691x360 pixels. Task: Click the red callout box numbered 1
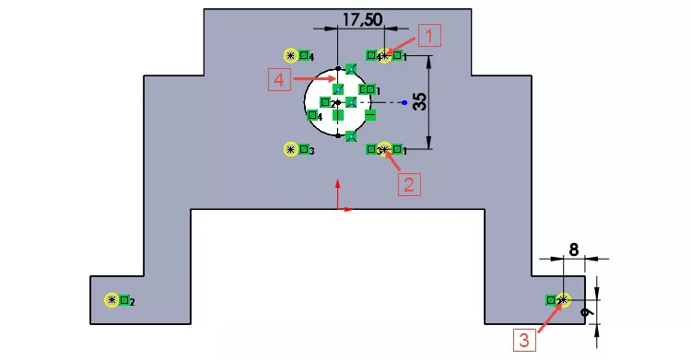tap(430, 35)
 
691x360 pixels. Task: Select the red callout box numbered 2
tap(409, 184)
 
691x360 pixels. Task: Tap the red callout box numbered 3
tap(523, 339)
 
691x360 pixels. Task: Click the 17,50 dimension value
tap(362, 17)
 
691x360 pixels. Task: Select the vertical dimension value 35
tap(420, 100)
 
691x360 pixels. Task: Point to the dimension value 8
tap(574, 249)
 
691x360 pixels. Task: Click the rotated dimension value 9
tap(583, 314)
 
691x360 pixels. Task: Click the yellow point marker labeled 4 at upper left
tap(292, 55)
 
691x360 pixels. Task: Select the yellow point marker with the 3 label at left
tap(292, 148)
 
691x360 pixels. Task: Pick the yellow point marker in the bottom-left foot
tap(112, 300)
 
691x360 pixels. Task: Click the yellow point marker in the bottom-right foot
tap(563, 300)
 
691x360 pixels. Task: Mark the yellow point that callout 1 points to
tap(385, 56)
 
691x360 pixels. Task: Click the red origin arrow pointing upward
tap(338, 193)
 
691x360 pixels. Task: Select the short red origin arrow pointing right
tap(346, 210)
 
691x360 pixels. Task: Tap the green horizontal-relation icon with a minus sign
tap(370, 115)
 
